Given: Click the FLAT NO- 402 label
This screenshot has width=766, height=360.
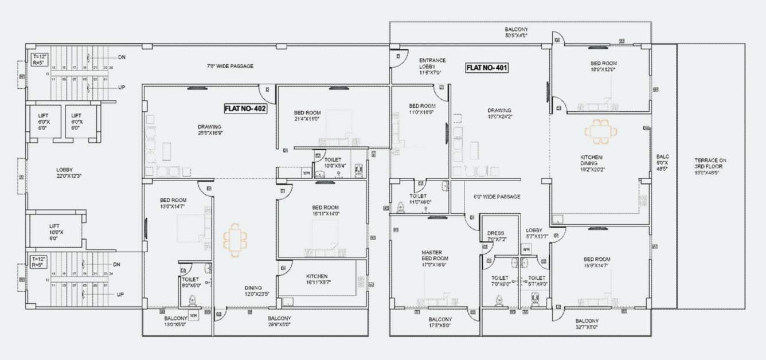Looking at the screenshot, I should tap(245, 108).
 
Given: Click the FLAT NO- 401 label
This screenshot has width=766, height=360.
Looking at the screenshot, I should tap(487, 68).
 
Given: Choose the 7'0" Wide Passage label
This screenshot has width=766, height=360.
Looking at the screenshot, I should tap(230, 66).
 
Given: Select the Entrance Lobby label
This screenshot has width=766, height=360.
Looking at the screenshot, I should tap(432, 66).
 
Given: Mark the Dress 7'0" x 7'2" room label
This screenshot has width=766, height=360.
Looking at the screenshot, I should tap(495, 236).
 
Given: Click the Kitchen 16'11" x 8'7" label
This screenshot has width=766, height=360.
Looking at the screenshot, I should tap(317, 279).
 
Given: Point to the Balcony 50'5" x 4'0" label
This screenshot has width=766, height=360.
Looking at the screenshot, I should tap(516, 32).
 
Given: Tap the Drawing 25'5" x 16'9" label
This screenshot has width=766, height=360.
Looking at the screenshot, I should tap(209, 130).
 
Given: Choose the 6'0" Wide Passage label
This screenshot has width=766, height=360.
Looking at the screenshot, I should tap(497, 197).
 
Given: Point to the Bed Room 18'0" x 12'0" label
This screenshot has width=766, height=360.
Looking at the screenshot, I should tap(603, 66).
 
